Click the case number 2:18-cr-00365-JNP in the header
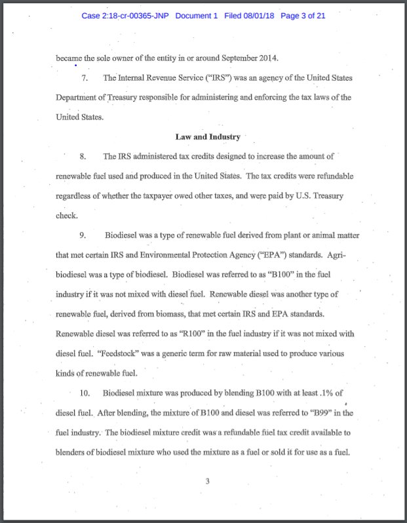pos(125,16)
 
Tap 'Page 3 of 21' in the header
pos(303,16)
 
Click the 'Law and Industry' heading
pos(208,137)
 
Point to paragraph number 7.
pos(85,78)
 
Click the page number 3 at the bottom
pos(207,482)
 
